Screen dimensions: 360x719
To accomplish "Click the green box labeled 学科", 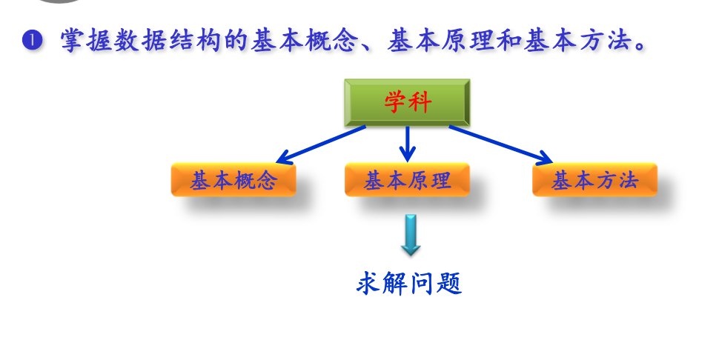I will (407, 102).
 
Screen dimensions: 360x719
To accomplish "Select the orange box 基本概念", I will (233, 180).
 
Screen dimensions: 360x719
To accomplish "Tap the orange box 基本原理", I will (407, 180).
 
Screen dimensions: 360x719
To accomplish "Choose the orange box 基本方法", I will (594, 180).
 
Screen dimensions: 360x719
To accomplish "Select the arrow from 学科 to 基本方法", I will (500, 144).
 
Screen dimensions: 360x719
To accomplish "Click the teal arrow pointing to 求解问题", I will (410, 235).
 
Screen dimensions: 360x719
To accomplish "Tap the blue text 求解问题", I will (409, 284).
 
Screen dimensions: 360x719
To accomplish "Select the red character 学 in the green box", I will (395, 102).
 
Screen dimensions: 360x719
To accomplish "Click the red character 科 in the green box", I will (420, 102).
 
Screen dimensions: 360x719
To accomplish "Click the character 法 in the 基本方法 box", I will (628, 180).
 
